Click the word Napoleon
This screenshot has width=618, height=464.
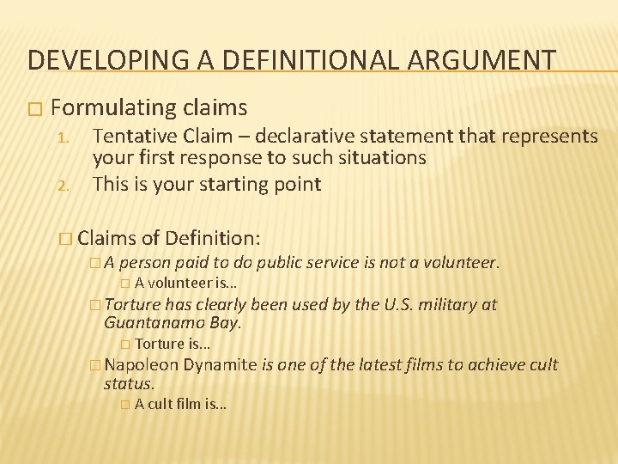point(141,365)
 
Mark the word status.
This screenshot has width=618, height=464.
point(129,384)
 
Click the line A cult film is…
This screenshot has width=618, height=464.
point(179,405)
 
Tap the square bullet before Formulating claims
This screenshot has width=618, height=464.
point(33,109)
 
